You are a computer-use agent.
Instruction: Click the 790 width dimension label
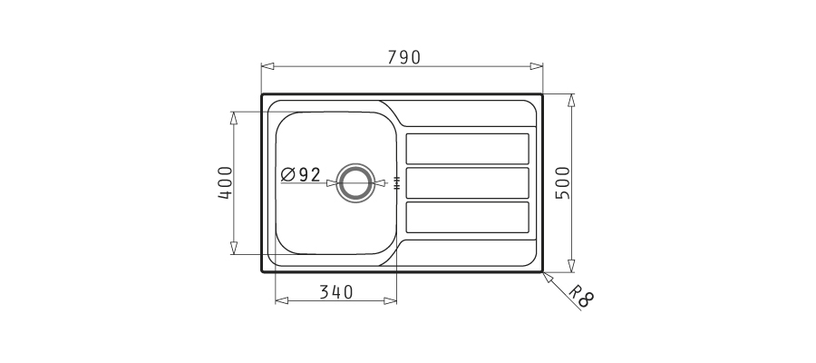click(403, 57)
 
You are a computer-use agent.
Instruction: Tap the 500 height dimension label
click(563, 182)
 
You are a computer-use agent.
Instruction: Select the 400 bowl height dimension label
click(226, 182)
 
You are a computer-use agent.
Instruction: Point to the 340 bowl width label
click(336, 292)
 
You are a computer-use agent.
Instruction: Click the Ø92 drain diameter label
click(301, 174)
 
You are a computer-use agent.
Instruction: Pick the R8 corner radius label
click(581, 296)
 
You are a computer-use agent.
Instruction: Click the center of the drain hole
click(355, 182)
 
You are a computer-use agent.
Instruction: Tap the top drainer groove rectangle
click(467, 149)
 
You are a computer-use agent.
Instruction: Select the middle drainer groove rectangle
click(467, 182)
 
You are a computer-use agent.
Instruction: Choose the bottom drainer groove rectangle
click(467, 217)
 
